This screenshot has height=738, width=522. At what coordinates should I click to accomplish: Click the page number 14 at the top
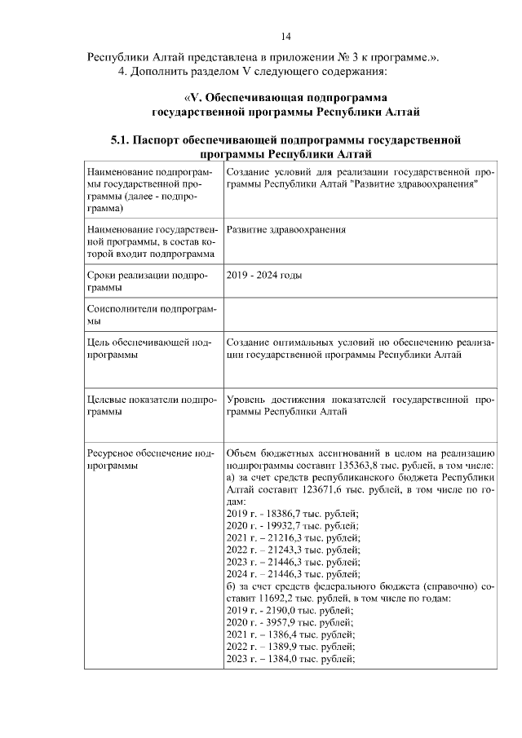point(286,37)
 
